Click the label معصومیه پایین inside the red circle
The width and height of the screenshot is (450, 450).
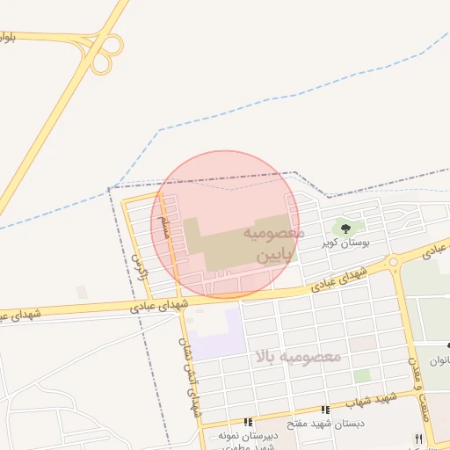[x=273, y=244]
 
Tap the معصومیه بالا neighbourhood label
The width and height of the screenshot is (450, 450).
[x=296, y=357]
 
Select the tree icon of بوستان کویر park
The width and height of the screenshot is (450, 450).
[x=345, y=229]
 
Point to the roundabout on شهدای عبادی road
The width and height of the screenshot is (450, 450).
[x=393, y=261]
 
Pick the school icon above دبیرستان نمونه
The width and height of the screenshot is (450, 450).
[x=249, y=422]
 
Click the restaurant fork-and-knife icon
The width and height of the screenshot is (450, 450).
[x=418, y=438]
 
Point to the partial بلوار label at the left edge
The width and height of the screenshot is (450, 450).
[x=7, y=38]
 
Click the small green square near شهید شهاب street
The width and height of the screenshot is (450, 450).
[x=361, y=375]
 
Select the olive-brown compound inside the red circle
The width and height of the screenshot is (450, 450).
[x=237, y=242]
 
